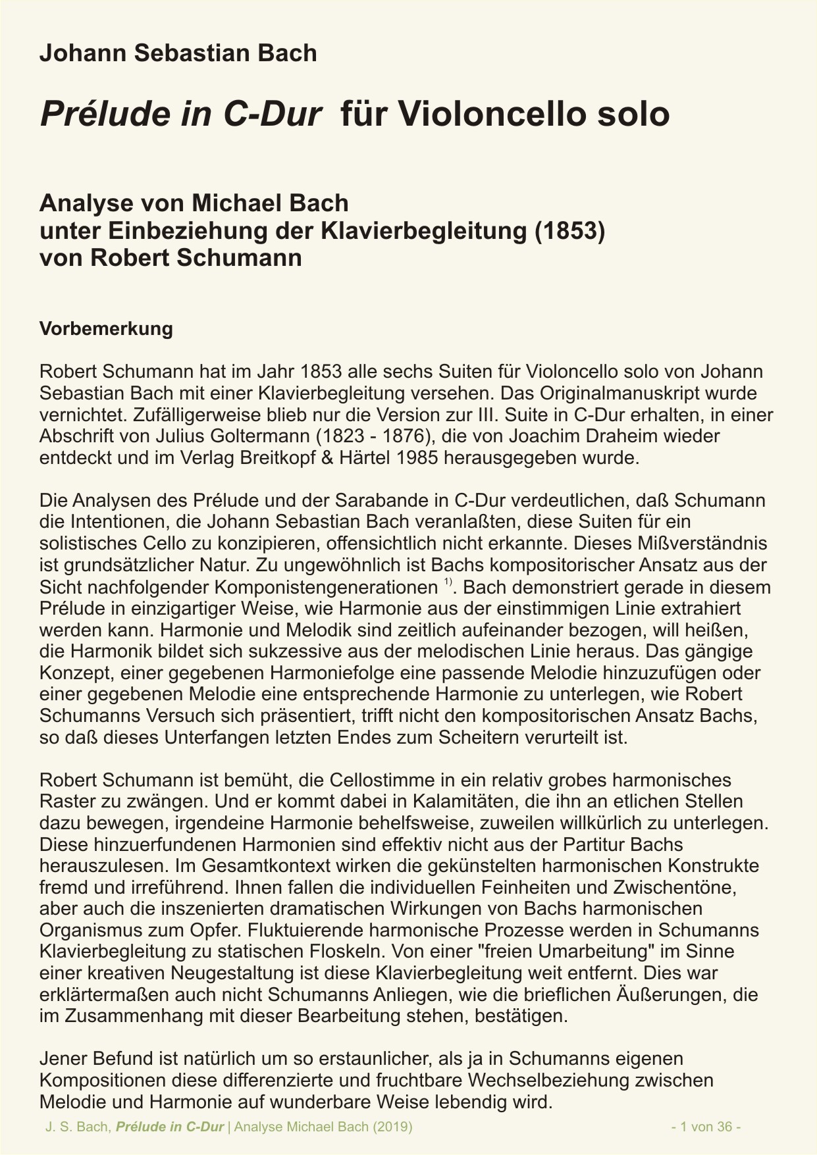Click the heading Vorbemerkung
coord(106,328)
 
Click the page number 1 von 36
coord(706,1127)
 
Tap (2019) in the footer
coord(392,1127)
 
